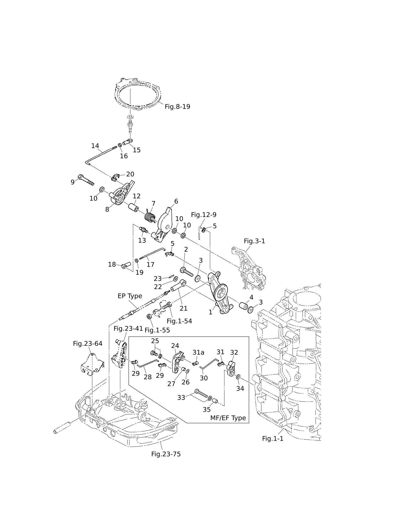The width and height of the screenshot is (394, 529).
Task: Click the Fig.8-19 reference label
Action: pyautogui.click(x=177, y=107)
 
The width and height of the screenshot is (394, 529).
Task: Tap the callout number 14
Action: pyautogui.click(x=95, y=146)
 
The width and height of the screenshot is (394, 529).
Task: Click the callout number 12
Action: pyautogui.click(x=137, y=196)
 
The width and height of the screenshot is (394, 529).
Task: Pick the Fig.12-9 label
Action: pyautogui.click(x=204, y=215)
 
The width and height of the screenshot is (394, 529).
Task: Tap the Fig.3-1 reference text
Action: pyautogui.click(x=255, y=241)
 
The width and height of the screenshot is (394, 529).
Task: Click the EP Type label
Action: pyautogui.click(x=130, y=296)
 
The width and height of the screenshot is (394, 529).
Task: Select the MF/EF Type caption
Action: pyautogui.click(x=228, y=418)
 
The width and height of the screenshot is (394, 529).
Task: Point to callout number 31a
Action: pyautogui.click(x=198, y=352)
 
